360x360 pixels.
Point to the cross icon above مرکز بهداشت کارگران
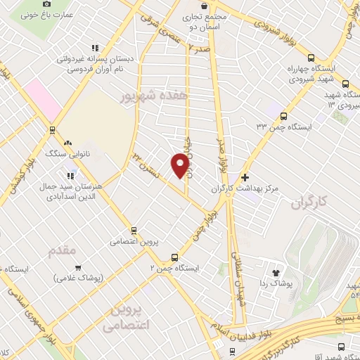click(245, 177)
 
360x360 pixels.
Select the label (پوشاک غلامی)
click(78, 277)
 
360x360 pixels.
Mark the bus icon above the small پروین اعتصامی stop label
click(134, 229)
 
